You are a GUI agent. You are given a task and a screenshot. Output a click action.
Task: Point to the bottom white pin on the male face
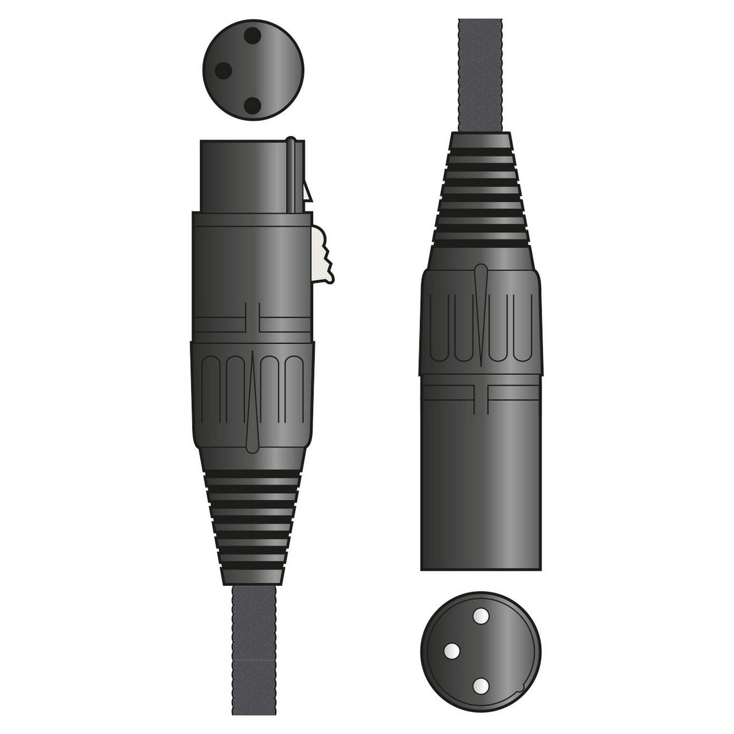[481, 685]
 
